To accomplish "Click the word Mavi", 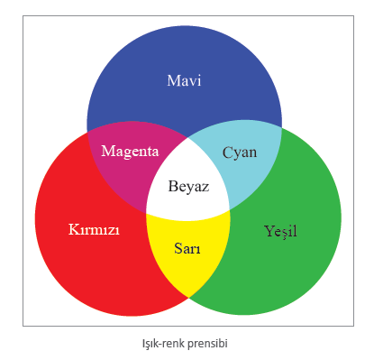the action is tap(184, 80).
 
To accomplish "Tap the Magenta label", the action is tap(130, 152).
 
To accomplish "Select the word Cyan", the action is tap(240, 153).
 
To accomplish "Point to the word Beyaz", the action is tap(188, 187).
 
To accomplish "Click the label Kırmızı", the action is tap(94, 229).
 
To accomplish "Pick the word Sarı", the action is tap(187, 248).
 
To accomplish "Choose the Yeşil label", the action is tap(280, 232).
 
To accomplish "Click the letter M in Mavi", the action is tap(173, 80).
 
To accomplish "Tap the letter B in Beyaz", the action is tap(173, 186).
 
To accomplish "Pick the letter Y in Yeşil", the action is tap(269, 231).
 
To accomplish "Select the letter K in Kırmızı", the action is tap(74, 229).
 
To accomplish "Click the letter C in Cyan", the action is tap(227, 152).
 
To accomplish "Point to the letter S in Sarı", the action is tap(178, 248).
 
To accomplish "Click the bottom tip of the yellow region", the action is tap(188, 298).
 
